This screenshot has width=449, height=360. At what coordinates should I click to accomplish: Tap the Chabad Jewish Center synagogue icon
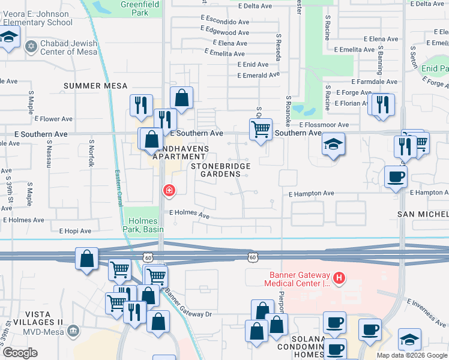(x=31, y=46)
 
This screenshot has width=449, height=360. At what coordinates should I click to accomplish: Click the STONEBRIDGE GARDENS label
(x=220, y=170)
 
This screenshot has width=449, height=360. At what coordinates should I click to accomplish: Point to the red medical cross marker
(x=169, y=191)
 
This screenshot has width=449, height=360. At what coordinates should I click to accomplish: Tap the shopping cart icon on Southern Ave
(x=260, y=128)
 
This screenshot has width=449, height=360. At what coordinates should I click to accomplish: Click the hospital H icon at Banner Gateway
(x=339, y=278)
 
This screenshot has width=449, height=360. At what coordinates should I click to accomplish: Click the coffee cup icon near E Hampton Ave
(x=396, y=177)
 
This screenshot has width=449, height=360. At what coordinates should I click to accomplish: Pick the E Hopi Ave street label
(x=75, y=231)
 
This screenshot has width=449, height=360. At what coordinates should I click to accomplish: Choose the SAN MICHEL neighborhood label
(x=423, y=214)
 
